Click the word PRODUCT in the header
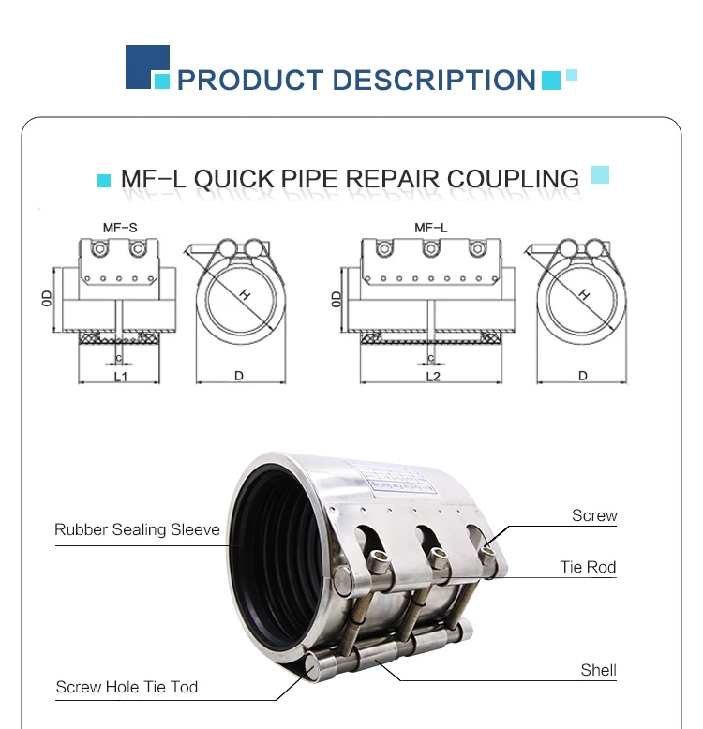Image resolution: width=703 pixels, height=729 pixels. (247, 80)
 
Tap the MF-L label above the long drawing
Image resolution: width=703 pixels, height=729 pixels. (430, 228)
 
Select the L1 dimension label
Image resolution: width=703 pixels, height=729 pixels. (120, 376)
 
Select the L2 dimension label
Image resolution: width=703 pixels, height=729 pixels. (432, 376)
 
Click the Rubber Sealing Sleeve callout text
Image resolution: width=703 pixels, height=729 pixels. (137, 529)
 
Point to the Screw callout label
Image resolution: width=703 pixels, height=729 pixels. (594, 515)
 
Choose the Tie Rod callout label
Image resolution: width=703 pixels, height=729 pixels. (588, 567)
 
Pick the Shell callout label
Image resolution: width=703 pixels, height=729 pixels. (598, 670)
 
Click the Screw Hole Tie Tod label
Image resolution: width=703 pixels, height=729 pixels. (127, 687)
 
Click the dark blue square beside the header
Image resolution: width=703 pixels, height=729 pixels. (147, 67)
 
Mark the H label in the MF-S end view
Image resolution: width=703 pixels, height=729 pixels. (245, 294)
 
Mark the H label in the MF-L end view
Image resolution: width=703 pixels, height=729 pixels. (584, 294)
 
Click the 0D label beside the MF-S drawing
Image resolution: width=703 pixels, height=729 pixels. (47, 299)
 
